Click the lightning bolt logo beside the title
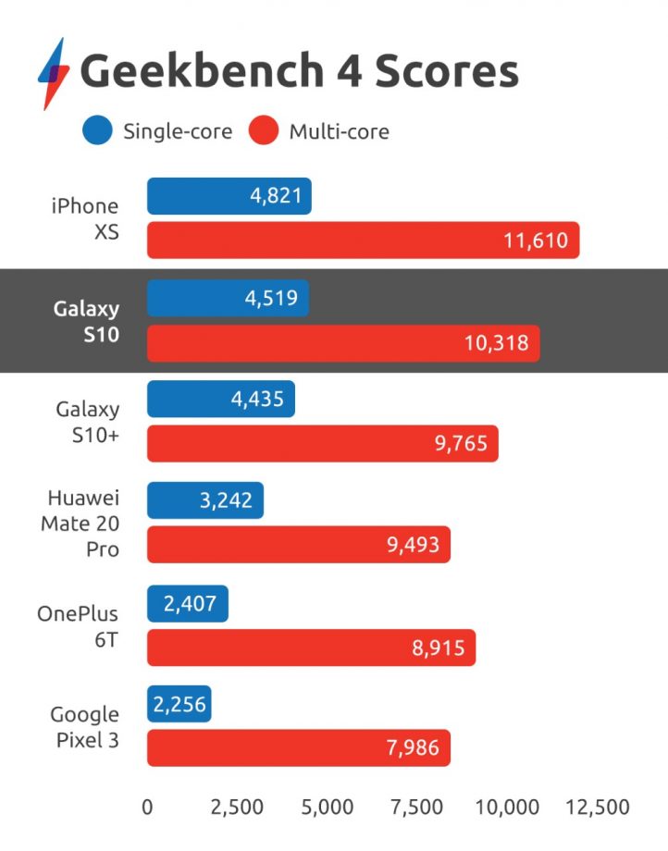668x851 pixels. (53, 73)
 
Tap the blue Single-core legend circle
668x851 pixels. (97, 131)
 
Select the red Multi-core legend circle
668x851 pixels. (264, 131)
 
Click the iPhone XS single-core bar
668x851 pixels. (229, 197)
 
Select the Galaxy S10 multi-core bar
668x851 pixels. (342, 343)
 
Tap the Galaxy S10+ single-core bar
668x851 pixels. (220, 399)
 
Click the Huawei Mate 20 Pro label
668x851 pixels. (80, 524)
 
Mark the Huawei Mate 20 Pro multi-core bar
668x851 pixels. (298, 545)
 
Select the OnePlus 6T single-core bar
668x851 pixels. (187, 603)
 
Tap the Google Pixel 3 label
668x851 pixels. (84, 727)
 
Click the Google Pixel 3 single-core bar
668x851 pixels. (179, 704)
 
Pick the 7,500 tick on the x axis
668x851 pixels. (416, 807)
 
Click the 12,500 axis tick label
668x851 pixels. (598, 807)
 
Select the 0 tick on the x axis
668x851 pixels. (147, 807)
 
